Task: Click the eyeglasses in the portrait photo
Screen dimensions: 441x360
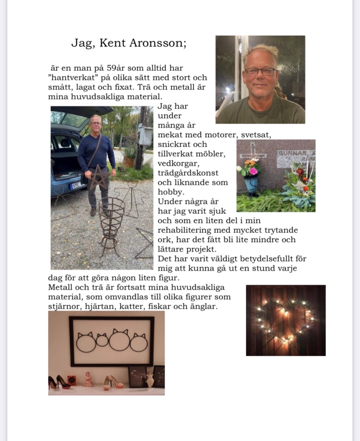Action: [260, 72]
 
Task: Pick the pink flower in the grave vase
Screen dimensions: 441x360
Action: [253, 171]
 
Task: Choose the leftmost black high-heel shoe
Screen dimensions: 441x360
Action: [53, 382]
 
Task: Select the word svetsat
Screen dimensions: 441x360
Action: [255, 135]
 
